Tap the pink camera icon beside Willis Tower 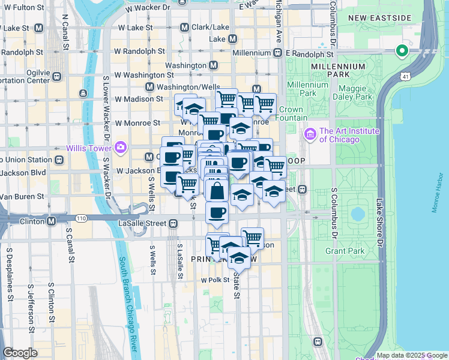[121, 146]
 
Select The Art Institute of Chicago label [341, 135]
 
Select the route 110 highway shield [79, 217]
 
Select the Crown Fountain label [291, 114]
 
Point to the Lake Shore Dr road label [379, 222]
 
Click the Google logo [20, 353]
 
